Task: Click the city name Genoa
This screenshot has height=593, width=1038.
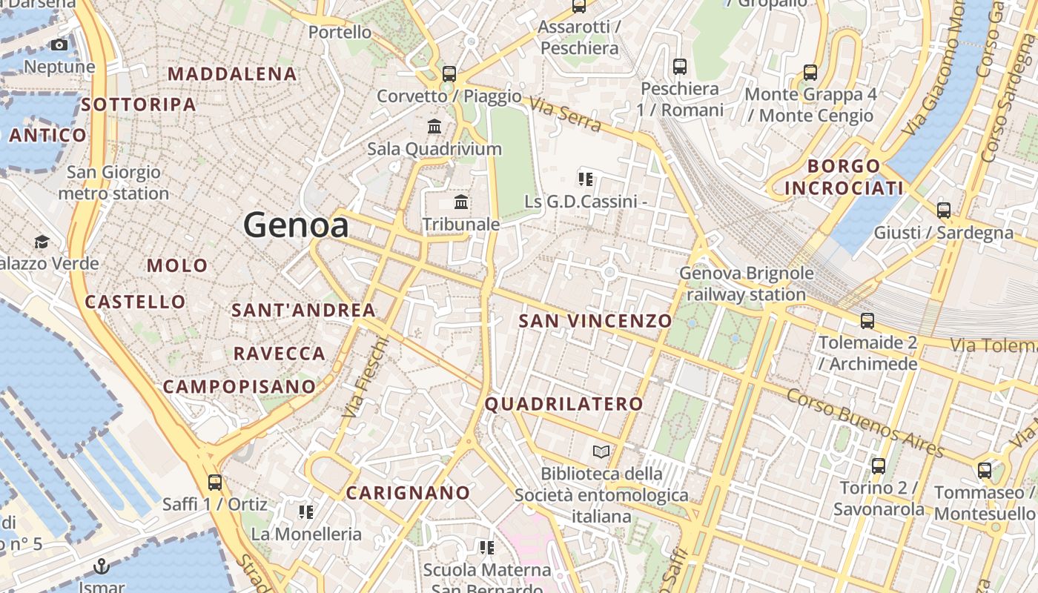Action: (296, 225)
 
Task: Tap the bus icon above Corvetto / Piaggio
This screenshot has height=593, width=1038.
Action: (449, 73)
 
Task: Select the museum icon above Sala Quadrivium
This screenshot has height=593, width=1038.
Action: (434, 126)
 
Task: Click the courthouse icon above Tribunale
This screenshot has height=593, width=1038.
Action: (461, 202)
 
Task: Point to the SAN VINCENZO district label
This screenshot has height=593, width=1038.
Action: (595, 321)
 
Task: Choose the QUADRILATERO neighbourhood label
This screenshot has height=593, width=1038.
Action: (563, 404)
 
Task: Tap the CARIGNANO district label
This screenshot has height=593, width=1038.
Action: (408, 493)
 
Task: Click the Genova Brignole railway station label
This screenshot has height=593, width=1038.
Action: (746, 284)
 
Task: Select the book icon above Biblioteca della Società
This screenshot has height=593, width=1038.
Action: (601, 451)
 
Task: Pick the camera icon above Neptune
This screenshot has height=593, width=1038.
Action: (59, 45)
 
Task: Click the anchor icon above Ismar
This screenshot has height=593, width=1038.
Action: (101, 567)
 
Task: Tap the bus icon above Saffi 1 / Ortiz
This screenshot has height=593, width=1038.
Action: (215, 483)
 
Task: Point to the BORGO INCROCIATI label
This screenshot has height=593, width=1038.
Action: (844, 177)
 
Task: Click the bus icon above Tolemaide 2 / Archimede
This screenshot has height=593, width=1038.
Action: (867, 321)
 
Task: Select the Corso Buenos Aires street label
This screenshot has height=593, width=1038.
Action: (865, 423)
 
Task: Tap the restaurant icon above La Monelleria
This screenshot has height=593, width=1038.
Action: (305, 511)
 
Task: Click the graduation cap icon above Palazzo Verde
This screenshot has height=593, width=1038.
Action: (42, 242)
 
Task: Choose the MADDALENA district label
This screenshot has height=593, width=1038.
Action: (232, 74)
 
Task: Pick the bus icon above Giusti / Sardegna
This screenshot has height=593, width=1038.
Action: (943, 210)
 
